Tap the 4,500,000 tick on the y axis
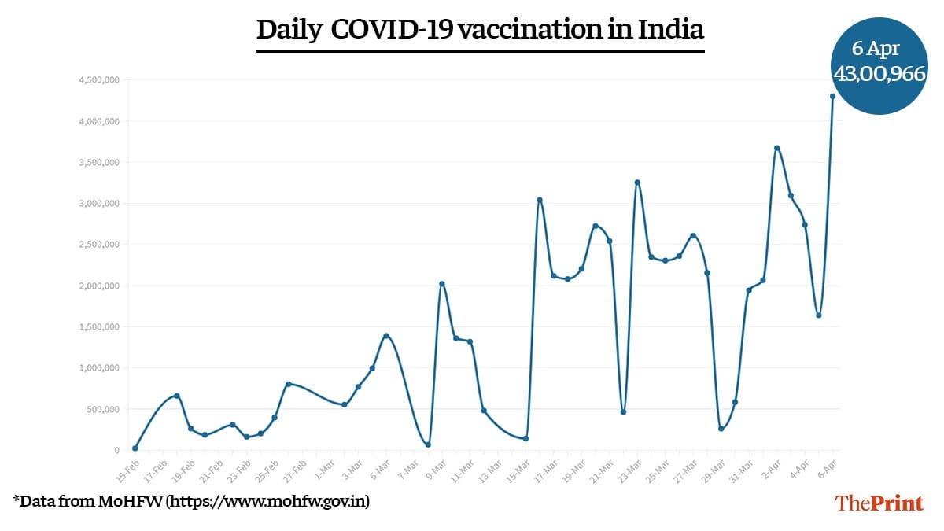(98, 80)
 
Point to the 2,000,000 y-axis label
(98, 286)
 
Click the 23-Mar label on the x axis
(630, 465)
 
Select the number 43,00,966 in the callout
(879, 76)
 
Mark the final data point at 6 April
(832, 96)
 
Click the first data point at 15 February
(135, 448)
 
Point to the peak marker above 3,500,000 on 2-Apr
(776, 148)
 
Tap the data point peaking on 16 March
(540, 200)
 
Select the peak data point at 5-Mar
(386, 336)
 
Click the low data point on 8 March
(428, 445)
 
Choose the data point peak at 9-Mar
(442, 284)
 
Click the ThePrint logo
(879, 503)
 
